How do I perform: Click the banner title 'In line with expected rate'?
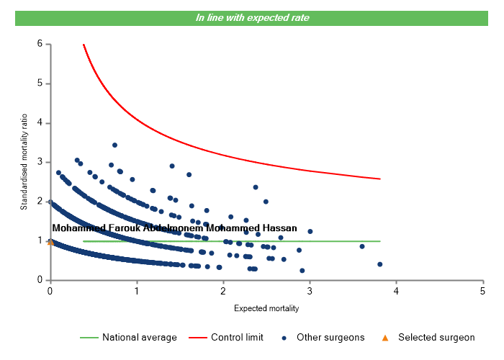pos(252,17)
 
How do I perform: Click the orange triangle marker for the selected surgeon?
pos(50,242)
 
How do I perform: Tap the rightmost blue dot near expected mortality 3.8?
pos(379,264)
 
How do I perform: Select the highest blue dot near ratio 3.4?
pos(114,145)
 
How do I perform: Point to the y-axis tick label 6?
pos(40,44)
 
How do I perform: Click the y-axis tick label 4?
pos(40,123)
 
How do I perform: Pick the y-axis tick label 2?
pos(40,202)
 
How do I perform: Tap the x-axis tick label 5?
pos(482,290)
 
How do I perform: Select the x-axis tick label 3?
pos(310,290)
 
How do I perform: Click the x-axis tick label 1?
pos(137,290)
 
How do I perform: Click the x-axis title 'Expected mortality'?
pos(266,308)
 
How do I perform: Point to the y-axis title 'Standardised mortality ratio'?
pos(24,162)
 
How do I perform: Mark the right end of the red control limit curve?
pos(379,179)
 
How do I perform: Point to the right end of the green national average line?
pos(379,241)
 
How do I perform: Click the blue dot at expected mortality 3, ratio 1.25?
pos(310,231)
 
